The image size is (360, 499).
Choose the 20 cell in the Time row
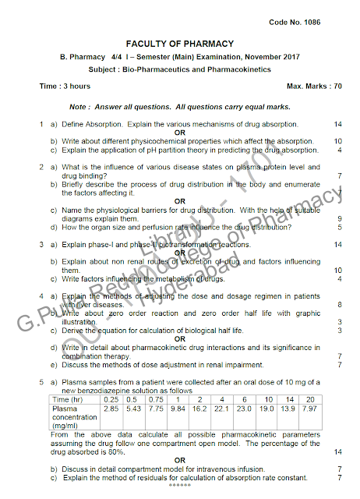tap(310, 399)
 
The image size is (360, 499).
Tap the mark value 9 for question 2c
tap(340, 219)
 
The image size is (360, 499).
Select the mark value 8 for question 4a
tap(340, 304)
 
